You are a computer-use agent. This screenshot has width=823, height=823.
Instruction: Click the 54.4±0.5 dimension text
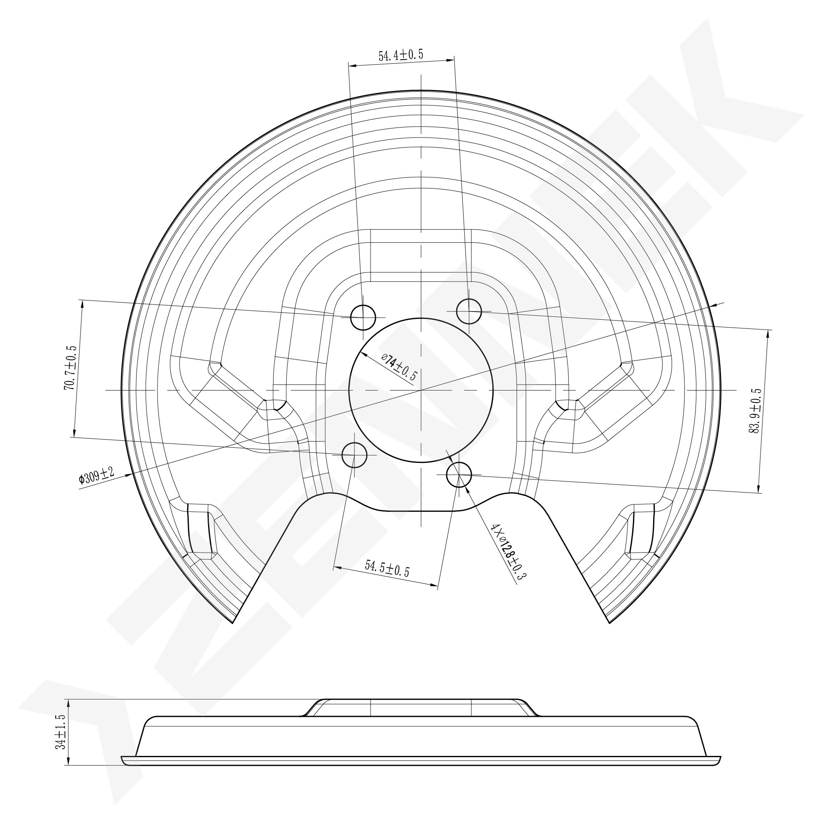[x=401, y=55]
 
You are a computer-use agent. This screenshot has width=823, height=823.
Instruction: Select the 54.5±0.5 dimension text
[x=387, y=569]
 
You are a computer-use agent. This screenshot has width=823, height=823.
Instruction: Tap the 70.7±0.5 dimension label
[x=70, y=367]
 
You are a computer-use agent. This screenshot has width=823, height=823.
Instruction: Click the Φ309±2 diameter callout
[x=96, y=476]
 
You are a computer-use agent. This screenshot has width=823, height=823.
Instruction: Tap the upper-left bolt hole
[x=362, y=318]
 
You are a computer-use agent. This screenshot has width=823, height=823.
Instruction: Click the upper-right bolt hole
[x=468, y=311]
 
